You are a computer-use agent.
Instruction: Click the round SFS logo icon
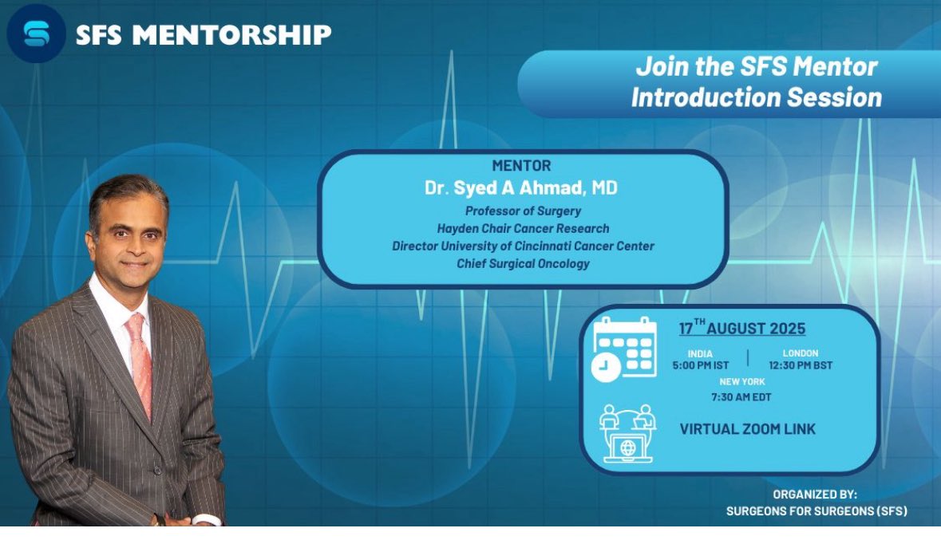coord(36,33)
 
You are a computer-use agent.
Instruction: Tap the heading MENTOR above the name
coord(521,167)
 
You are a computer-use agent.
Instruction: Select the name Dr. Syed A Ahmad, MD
coord(522,188)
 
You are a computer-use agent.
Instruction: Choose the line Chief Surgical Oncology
coord(523,263)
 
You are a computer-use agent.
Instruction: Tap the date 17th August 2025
coord(742,329)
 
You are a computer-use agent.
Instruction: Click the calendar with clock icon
coord(624,348)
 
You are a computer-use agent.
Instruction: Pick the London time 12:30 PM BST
coord(801,366)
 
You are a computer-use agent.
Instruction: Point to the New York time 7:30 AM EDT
coord(742,397)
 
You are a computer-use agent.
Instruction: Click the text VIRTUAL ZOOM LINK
coord(747,429)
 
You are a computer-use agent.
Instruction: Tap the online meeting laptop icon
coord(627,435)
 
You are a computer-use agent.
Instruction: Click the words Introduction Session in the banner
coord(756,97)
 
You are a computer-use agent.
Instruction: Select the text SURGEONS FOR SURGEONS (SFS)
coord(816,511)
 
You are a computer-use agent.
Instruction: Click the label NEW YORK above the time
coord(742,382)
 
